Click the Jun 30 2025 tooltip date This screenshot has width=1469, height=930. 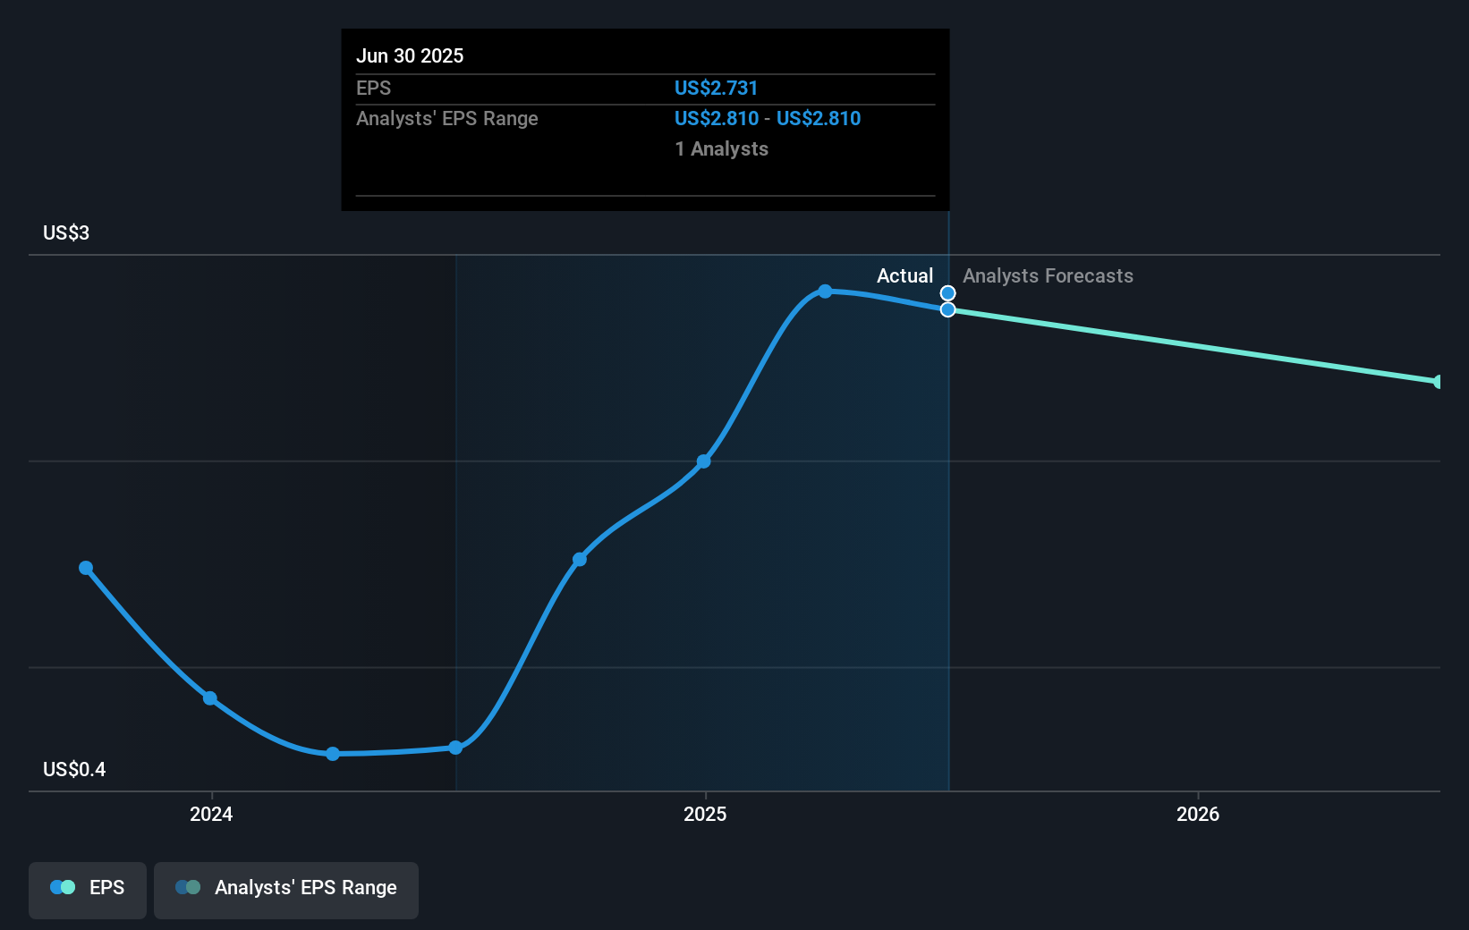click(410, 55)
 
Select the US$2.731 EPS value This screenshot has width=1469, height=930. click(716, 88)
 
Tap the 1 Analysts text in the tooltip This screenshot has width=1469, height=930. click(721, 148)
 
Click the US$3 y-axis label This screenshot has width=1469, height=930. click(66, 232)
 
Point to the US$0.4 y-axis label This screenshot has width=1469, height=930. click(74, 769)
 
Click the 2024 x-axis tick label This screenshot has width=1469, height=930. click(211, 814)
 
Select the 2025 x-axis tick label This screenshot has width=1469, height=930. click(705, 814)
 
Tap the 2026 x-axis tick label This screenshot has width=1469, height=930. click(1198, 814)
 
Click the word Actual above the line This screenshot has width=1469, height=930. click(904, 275)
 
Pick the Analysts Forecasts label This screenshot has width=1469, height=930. click(1048, 275)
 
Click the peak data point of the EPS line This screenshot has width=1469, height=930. click(825, 292)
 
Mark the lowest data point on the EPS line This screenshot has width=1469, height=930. click(333, 754)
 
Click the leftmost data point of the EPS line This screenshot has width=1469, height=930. click(86, 568)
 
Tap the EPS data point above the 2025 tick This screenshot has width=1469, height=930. click(704, 461)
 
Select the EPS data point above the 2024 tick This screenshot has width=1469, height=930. click(210, 698)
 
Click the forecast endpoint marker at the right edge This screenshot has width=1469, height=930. click(1438, 382)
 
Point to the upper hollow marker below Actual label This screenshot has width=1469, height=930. click(947, 293)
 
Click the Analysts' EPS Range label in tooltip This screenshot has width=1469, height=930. click(447, 118)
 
